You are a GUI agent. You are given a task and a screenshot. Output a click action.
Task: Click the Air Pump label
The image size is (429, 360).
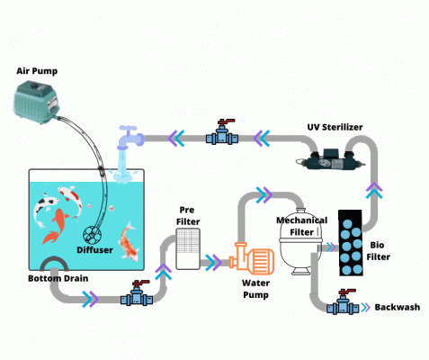coord(37,71)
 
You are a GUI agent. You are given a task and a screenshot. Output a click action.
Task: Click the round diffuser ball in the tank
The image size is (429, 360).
coord(93,235)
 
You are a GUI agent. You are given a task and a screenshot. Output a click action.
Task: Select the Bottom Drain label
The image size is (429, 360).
coord(58,278)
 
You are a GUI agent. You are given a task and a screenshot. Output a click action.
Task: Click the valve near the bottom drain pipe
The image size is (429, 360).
coord(137,293)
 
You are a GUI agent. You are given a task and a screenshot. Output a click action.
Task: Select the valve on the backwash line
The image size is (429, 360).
coord(343,302)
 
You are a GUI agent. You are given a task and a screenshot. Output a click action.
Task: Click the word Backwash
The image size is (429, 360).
coord(398,307)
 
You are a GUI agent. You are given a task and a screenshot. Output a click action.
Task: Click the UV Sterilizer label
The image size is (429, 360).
coord(335,127)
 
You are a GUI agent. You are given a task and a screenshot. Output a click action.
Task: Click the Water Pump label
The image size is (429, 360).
coord(255,289)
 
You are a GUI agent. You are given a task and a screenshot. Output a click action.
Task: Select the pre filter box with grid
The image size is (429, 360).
coord(188,249)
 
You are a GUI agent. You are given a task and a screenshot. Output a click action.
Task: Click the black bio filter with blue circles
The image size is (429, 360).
coord(351,243)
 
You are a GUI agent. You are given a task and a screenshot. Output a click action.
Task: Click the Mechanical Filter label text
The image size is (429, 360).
coord(301,226)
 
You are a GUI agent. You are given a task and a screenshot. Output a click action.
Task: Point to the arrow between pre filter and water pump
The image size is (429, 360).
coord(213,263)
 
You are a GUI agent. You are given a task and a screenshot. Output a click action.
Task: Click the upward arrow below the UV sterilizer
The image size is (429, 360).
coord(374,190)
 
